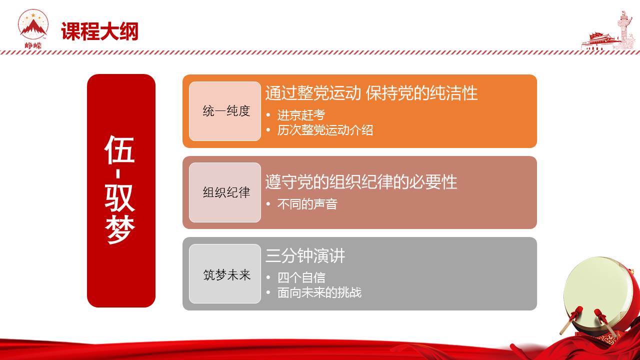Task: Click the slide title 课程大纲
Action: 99,31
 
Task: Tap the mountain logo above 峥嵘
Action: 33,24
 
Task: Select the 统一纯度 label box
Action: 225,111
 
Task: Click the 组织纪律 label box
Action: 225,192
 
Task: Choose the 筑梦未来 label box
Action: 225,273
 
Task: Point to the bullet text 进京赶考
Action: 301,115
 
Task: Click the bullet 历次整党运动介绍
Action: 325,130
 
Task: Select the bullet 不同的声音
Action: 307,204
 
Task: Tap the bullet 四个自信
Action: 301,277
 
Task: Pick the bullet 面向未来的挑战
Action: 319,292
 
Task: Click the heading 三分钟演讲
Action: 305,255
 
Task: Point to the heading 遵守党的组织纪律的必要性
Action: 361,182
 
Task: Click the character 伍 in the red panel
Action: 119,149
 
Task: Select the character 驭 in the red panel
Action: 119,197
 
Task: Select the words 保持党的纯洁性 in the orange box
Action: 421,93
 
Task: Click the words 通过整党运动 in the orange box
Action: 313,93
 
